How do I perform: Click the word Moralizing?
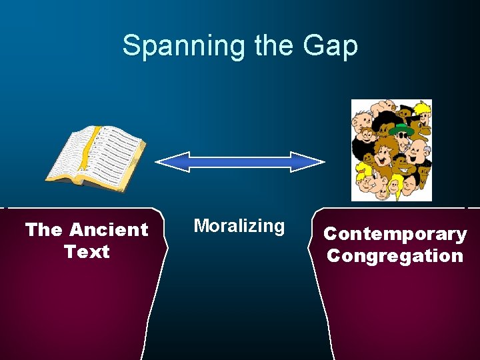tap(239, 226)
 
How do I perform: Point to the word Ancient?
tap(109, 230)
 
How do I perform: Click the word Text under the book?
tap(87, 252)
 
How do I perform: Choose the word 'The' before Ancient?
tap(44, 230)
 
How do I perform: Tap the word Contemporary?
tap(395, 234)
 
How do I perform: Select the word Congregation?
tap(395, 256)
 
